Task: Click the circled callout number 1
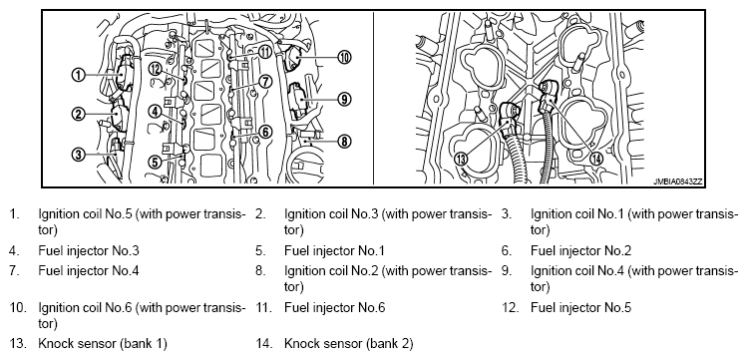coord(79,74)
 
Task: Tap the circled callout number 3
coord(79,154)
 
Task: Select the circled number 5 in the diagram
coord(155,162)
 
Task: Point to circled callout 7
coord(265,82)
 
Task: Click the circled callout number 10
coord(344,58)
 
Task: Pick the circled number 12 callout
coord(155,69)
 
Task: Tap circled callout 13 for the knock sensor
coord(461,159)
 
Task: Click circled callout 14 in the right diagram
coord(596,159)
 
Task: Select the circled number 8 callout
coord(344,141)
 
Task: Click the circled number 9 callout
coord(344,99)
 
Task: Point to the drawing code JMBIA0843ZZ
coord(678,181)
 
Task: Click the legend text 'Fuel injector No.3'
coord(89,250)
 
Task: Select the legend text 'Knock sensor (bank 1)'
coord(103,343)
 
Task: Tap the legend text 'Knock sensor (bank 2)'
coord(349,343)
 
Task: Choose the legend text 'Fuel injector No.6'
coord(335,307)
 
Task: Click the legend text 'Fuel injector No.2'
coord(580,250)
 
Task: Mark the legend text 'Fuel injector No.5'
coord(580,307)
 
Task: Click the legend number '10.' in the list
coord(18,307)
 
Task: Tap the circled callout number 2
coord(79,114)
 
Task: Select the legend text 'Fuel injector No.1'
coord(334,250)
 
